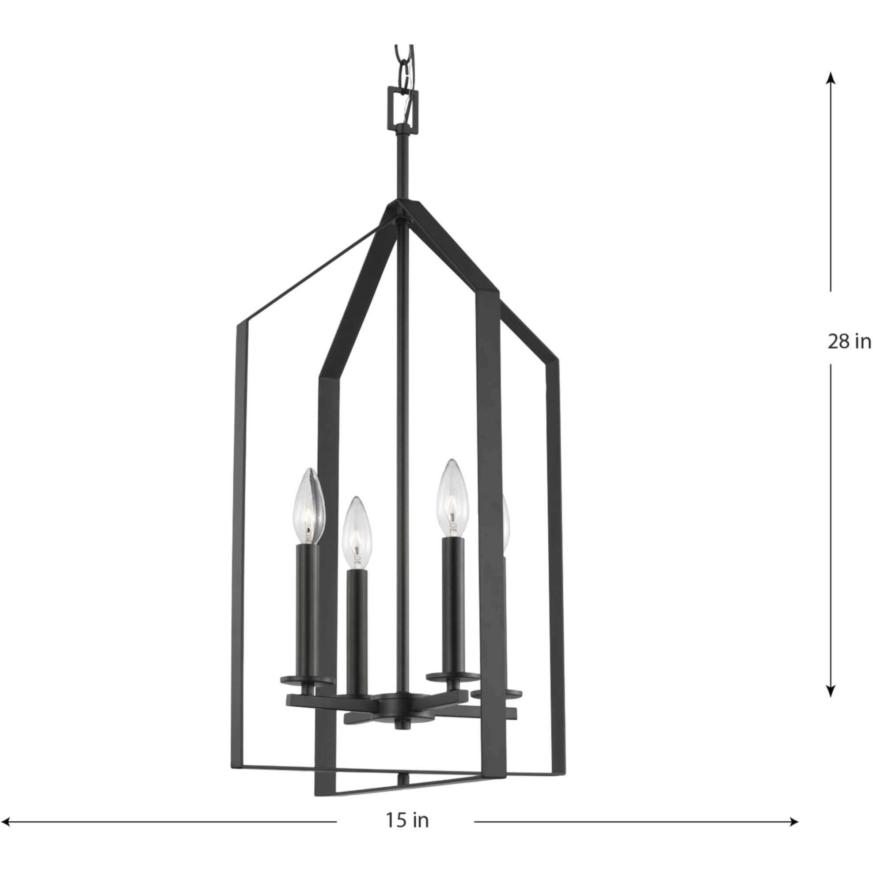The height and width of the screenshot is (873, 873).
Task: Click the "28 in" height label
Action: click(x=849, y=342)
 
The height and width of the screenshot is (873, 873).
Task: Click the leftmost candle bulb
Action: click(x=310, y=505)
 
